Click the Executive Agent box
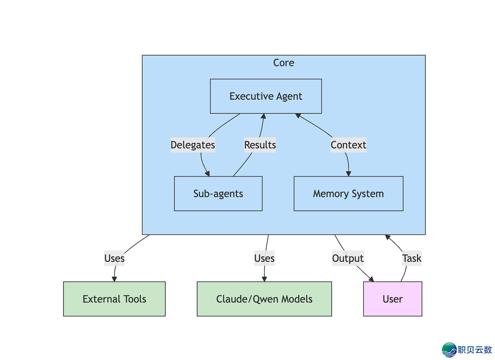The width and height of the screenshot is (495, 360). [x=266, y=96]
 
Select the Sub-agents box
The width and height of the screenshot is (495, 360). [x=218, y=193]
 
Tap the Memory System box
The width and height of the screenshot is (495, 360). [x=348, y=193]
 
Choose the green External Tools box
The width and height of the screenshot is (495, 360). [x=114, y=299]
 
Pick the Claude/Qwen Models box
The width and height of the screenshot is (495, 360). [x=264, y=299]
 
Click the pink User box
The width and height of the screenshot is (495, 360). [x=392, y=299]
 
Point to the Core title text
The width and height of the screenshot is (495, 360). [x=284, y=63]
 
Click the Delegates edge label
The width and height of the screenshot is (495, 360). [x=193, y=145]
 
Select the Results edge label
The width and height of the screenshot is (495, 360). [x=260, y=145]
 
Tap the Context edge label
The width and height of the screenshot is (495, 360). [x=348, y=145]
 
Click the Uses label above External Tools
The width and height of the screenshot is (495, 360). [x=114, y=258]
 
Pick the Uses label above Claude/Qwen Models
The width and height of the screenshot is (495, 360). [x=264, y=258]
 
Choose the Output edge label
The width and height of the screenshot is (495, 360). [x=348, y=258]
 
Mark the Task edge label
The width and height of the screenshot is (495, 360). [x=412, y=258]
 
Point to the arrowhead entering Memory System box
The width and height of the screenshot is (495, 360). [x=348, y=174]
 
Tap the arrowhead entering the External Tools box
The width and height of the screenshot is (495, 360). [x=114, y=279]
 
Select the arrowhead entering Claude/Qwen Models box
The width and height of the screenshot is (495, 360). [x=264, y=279]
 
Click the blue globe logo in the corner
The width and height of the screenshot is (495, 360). [x=449, y=350]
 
